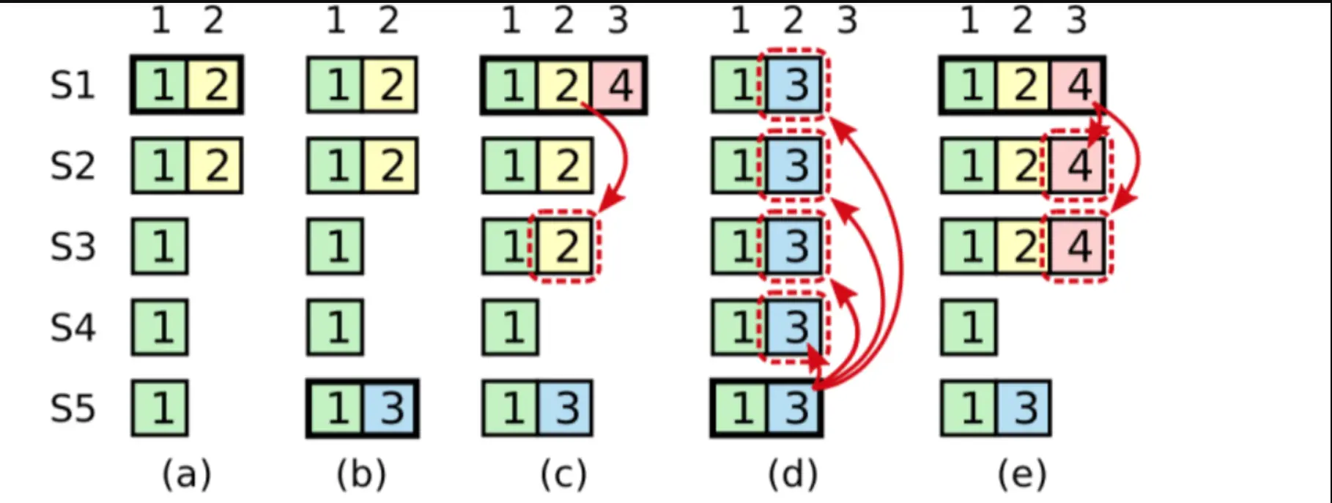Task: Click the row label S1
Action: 73,86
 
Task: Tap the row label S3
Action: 73,247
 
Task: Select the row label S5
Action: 73,408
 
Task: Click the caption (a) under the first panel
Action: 187,474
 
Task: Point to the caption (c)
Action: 563,474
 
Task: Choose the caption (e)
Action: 1022,474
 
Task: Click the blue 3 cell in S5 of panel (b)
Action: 390,408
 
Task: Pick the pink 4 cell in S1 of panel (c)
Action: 619,86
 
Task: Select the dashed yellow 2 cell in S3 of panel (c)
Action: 565,247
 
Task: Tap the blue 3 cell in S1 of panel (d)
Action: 794,86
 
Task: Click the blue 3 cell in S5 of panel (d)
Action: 794,408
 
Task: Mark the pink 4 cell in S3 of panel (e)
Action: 1077,247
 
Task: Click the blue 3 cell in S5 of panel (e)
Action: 1024,408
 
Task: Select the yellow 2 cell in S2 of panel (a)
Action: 215,166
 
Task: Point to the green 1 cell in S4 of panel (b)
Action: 336,327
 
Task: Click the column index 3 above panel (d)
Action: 847,21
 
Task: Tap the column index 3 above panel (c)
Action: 618,21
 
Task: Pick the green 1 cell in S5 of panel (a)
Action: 160,408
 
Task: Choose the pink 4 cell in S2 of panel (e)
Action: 1077,166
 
